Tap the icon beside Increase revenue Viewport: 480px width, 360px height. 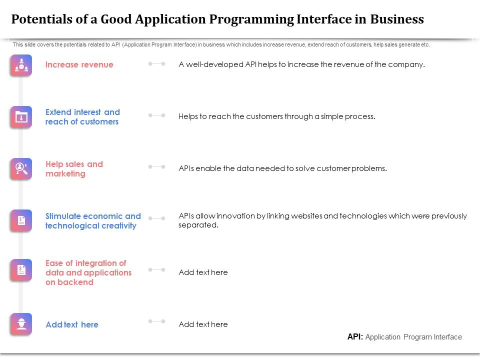click(21, 65)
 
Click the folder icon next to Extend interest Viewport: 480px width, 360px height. click(21, 117)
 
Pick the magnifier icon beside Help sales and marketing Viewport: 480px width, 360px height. click(21, 168)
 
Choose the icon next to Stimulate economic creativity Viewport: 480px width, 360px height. click(21, 220)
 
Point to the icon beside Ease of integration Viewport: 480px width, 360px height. click(21, 270)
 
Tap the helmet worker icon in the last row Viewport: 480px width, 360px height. click(21, 324)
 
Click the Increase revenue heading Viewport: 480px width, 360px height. click(79, 64)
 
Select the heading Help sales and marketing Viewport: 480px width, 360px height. click(74, 169)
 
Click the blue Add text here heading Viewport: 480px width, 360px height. click(72, 324)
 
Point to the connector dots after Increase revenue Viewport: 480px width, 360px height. click(156, 64)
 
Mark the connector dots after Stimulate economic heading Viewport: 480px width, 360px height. click(156, 218)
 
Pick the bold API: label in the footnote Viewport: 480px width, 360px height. click(355, 337)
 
